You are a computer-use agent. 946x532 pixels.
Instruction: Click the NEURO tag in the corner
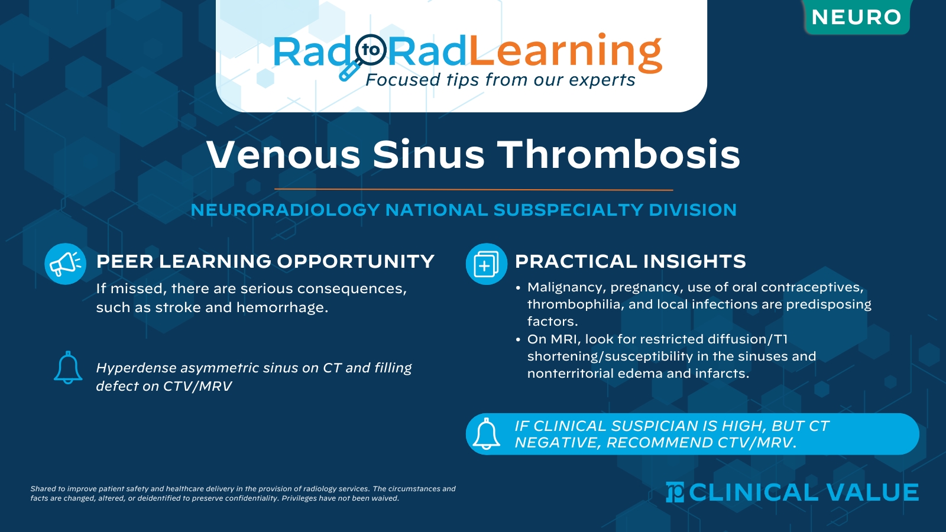(x=856, y=17)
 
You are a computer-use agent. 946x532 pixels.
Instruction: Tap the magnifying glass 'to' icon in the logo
(x=371, y=50)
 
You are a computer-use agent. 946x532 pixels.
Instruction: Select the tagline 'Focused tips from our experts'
(x=500, y=80)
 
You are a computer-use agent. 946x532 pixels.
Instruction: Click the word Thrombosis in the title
(x=618, y=155)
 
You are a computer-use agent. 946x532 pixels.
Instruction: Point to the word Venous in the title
(x=283, y=155)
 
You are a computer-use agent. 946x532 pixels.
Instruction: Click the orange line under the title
(x=473, y=190)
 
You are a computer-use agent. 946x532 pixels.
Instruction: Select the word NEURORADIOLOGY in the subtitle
(x=285, y=210)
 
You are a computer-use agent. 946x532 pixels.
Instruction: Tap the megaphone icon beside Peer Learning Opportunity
(x=66, y=264)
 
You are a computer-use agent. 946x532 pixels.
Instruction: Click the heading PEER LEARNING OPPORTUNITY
(x=265, y=261)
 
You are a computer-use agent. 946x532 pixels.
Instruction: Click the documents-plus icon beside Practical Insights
(x=486, y=264)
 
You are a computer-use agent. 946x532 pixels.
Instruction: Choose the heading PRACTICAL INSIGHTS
(x=630, y=261)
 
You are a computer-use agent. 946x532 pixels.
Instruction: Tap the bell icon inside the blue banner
(x=487, y=434)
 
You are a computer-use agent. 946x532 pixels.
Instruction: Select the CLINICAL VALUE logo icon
(x=675, y=492)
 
